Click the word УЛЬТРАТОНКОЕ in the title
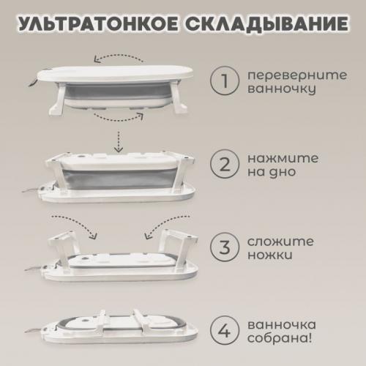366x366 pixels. [x=98, y=24]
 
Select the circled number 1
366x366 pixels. [x=225, y=81]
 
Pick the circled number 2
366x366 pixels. [x=225, y=164]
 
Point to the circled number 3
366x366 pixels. [x=225, y=247]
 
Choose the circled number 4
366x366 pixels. [x=225, y=330]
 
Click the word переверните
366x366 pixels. [x=297, y=75]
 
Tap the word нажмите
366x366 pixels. [x=283, y=159]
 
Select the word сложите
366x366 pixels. [x=280, y=242]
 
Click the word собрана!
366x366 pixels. [x=280, y=339]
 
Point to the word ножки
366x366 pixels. [x=270, y=255]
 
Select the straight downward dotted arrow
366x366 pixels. [x=119, y=141]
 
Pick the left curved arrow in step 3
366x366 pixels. [x=79, y=222]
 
